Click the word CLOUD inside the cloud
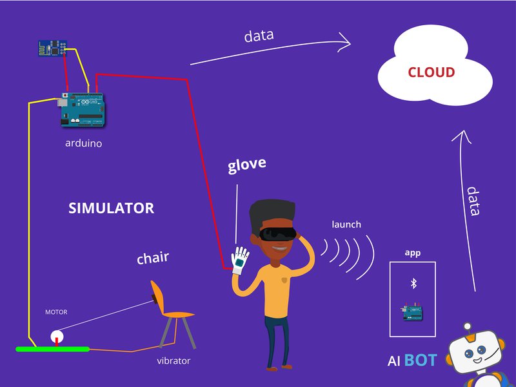431,72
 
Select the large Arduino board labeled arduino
82,109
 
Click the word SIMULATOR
111,208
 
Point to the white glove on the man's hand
241,261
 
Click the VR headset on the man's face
278,234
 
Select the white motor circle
57,336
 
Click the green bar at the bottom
52,349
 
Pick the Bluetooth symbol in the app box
413,283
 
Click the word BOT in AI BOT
421,361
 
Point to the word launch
346,224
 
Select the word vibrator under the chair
174,361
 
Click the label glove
246,165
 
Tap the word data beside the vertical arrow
474,201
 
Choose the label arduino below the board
83,143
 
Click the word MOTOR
55,312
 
